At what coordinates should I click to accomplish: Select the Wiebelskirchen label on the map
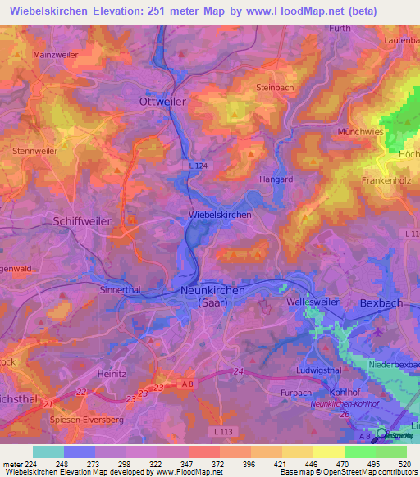click(220, 215)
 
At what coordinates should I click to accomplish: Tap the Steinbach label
click(276, 88)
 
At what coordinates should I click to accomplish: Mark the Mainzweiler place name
click(56, 55)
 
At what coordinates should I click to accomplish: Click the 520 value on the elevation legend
click(404, 465)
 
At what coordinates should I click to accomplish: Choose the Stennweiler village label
click(34, 151)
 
